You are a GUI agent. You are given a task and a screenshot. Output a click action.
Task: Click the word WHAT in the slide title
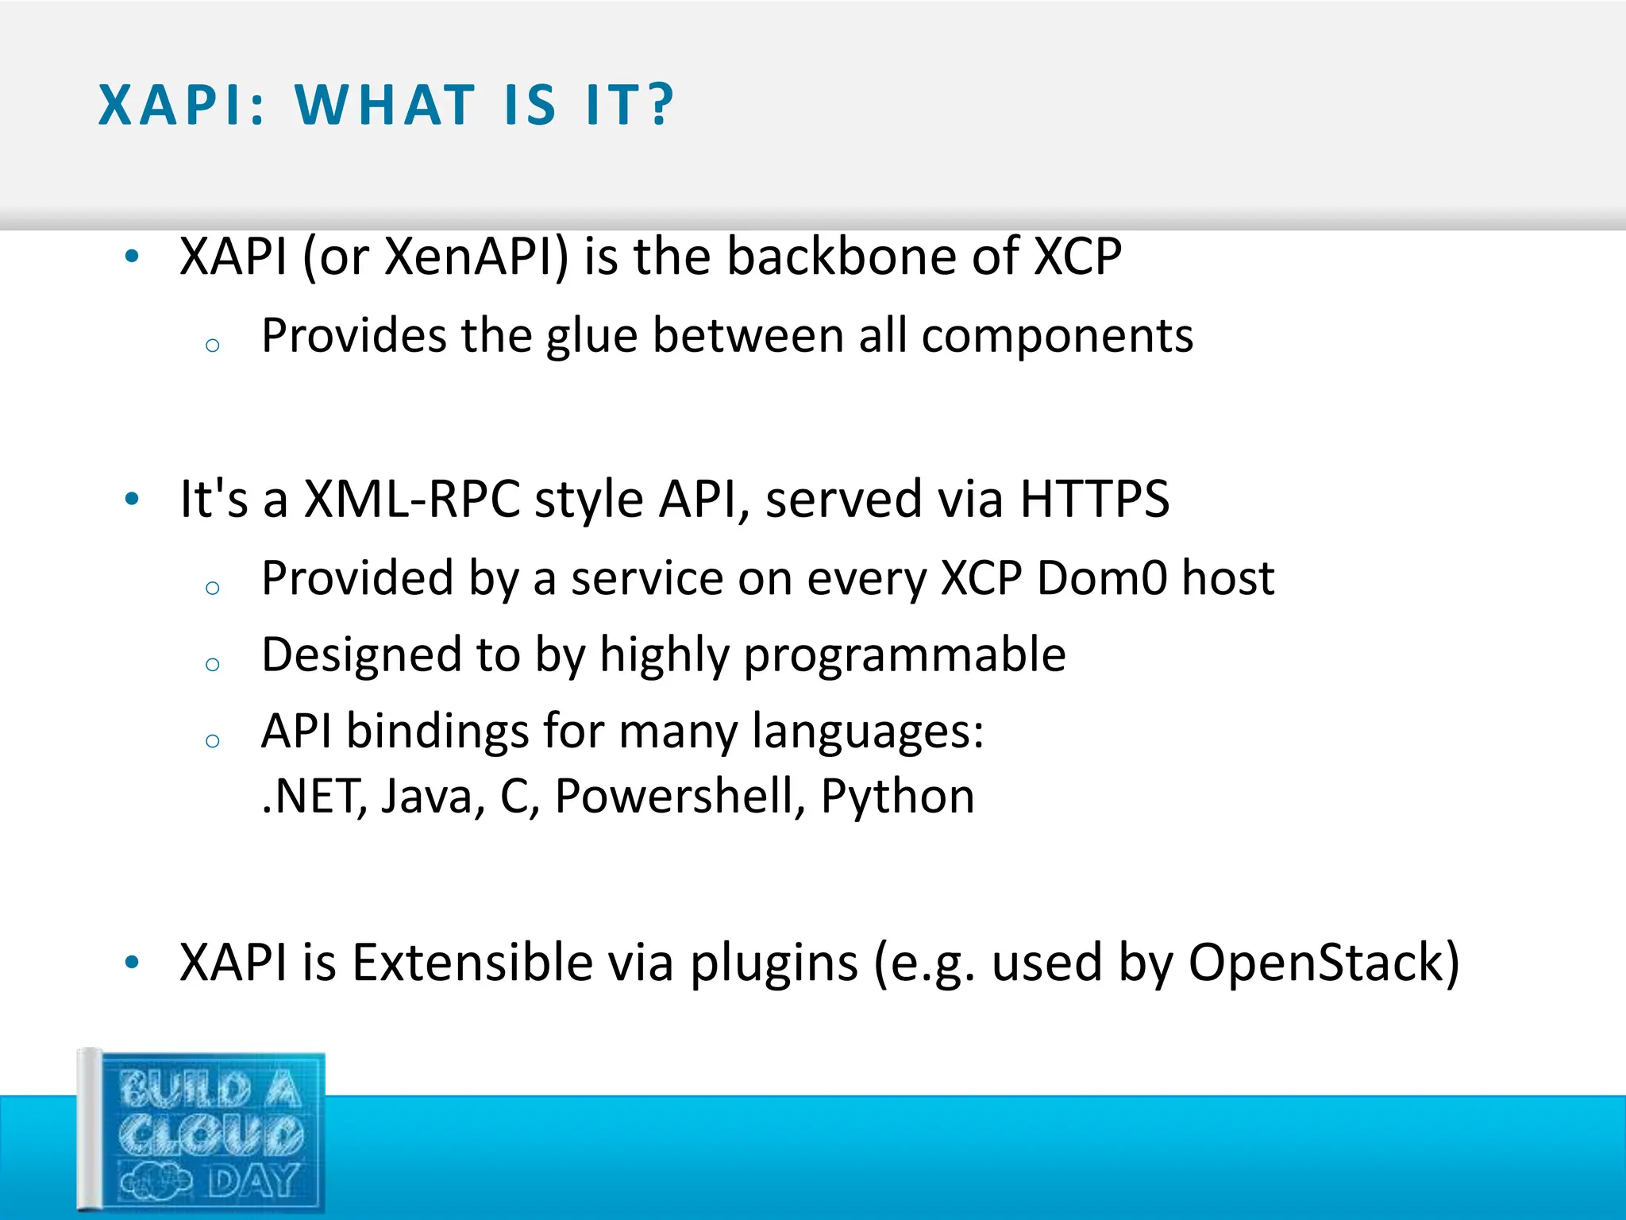(386, 105)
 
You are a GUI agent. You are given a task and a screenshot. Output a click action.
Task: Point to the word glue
(591, 337)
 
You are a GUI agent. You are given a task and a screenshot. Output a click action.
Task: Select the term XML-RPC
(412, 500)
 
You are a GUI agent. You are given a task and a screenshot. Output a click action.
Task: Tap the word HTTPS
(1094, 500)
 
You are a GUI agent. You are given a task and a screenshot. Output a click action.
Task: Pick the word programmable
(904, 656)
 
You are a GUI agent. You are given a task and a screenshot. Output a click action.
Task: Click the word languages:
(868, 731)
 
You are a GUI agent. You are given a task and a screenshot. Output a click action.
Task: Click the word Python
(897, 797)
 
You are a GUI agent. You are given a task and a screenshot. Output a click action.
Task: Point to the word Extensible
(472, 963)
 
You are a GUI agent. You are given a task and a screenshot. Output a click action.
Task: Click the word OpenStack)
(1324, 963)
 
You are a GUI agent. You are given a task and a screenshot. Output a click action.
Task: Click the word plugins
(773, 963)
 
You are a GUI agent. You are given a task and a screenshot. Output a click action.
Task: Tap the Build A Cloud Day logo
(202, 1132)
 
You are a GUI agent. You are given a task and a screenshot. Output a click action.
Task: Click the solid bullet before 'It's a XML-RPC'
(132, 499)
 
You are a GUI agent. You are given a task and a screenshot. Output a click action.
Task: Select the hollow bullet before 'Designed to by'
(212, 664)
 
